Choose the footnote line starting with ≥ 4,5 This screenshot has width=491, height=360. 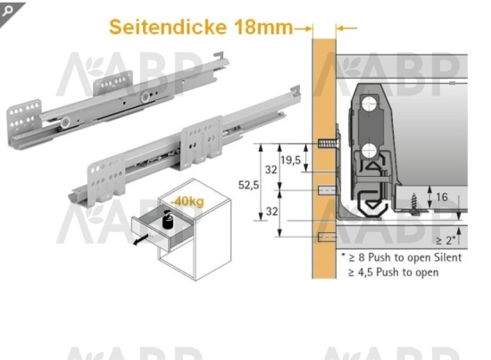[397, 271]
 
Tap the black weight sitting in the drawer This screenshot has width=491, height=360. [166, 218]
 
